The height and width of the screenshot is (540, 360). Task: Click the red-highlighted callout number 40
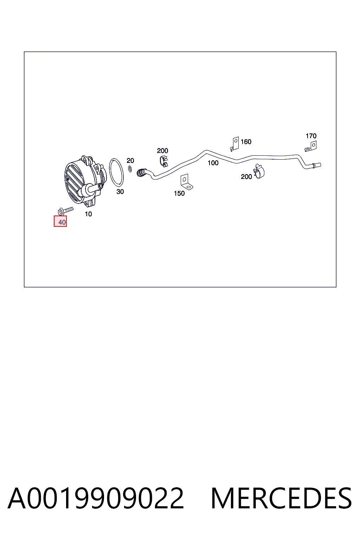[x=62, y=222]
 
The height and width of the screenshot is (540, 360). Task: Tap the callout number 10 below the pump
[x=88, y=214]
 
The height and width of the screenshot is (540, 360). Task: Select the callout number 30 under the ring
[x=120, y=192]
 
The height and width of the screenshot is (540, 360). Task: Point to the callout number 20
[x=130, y=161]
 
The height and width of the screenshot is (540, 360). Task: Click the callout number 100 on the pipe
[x=213, y=163]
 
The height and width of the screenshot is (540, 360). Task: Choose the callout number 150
[x=179, y=193]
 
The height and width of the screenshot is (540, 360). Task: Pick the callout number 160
[x=246, y=142]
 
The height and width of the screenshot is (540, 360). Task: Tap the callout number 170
[x=311, y=136]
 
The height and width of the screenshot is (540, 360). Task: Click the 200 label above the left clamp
[x=162, y=151]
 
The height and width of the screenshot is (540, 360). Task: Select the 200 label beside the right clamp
[x=246, y=177]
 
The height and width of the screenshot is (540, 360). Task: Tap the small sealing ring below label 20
[x=130, y=169]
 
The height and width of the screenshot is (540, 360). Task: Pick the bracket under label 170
[x=311, y=147]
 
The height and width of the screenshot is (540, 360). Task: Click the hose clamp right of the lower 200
[x=259, y=171]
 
